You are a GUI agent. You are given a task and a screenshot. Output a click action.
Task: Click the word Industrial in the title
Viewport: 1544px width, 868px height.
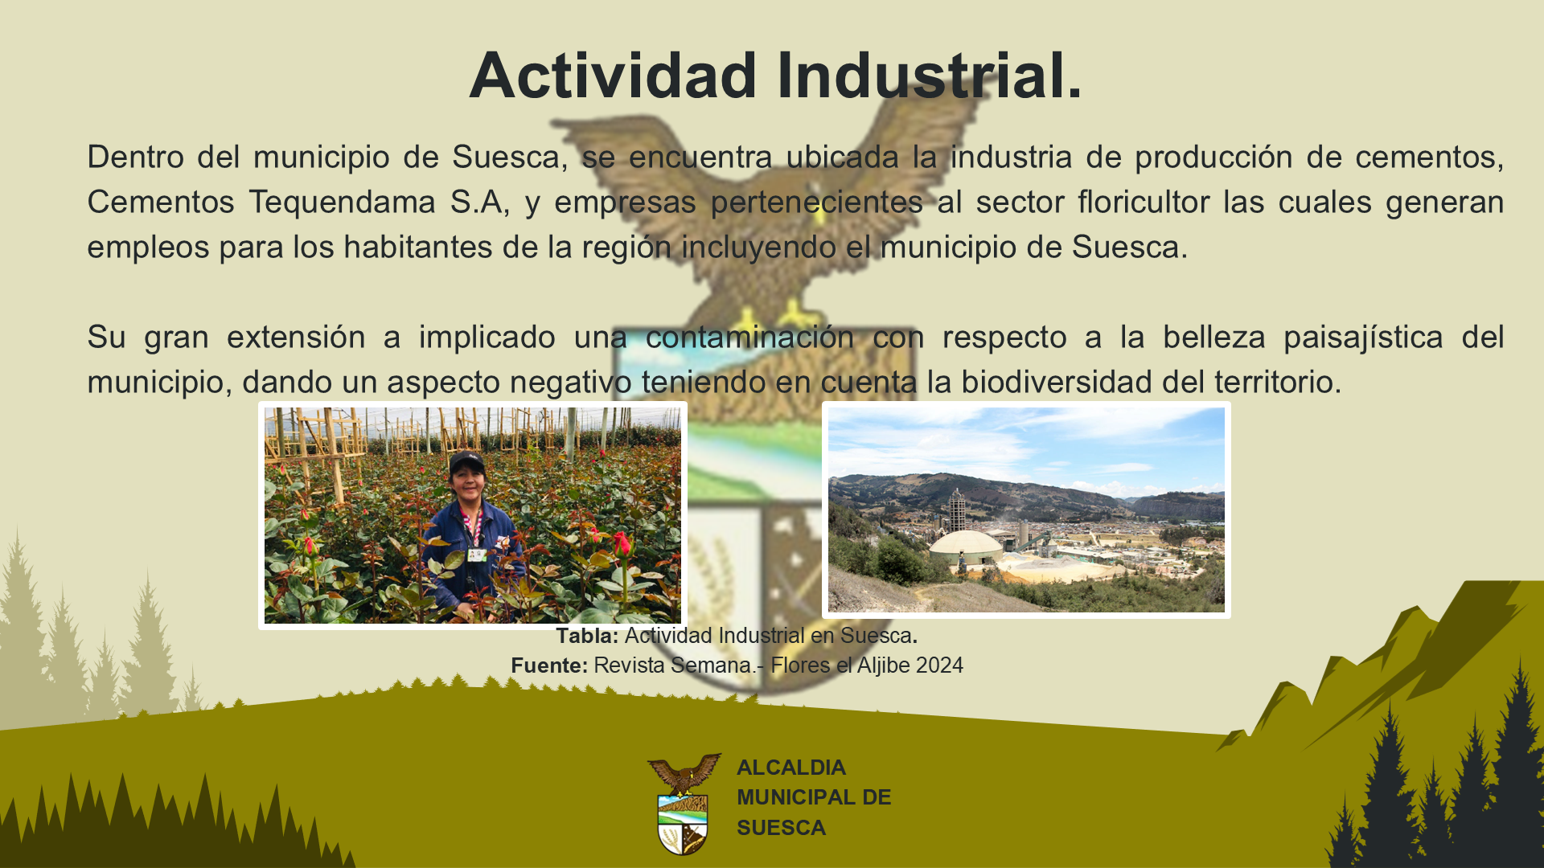pyautogui.click(x=921, y=75)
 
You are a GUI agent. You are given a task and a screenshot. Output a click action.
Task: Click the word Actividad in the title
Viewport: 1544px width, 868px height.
pyautogui.click(x=614, y=75)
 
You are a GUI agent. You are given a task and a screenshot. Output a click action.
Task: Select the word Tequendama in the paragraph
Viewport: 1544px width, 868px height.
pyautogui.click(x=343, y=203)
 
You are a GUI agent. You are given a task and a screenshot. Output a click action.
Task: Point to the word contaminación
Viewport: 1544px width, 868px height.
pyautogui.click(x=749, y=337)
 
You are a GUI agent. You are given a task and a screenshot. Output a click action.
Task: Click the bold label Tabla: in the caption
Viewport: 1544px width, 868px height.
pyautogui.click(x=587, y=636)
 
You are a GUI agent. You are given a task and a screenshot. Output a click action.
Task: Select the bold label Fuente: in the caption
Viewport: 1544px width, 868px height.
pyautogui.click(x=549, y=665)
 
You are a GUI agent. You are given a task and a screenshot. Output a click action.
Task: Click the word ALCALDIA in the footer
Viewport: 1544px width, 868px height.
pyautogui.click(x=791, y=768)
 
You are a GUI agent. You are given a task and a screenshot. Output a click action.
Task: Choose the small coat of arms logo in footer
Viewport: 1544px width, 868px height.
pyautogui.click(x=684, y=804)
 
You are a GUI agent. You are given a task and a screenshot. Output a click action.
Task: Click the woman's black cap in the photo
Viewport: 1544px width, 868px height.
pyautogui.click(x=466, y=461)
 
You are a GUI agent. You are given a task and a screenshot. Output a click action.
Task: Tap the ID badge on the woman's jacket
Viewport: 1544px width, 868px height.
pyautogui.click(x=477, y=554)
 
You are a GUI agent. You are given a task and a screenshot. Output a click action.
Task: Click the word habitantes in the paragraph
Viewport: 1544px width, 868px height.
pyautogui.click(x=418, y=247)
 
